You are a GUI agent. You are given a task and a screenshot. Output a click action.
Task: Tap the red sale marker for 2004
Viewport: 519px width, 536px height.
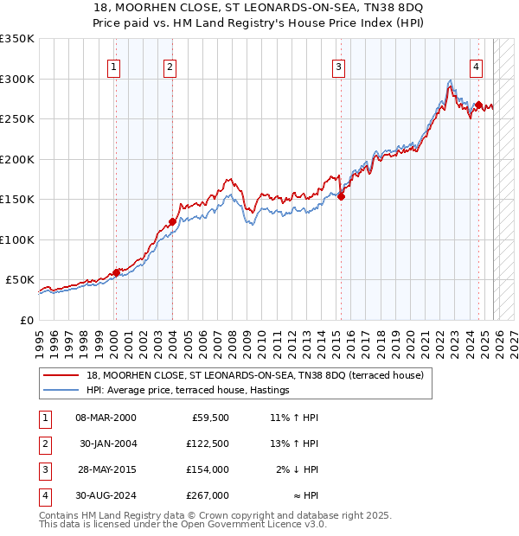point(172,221)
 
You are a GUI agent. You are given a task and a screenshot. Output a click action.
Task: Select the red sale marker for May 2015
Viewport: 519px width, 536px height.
point(341,196)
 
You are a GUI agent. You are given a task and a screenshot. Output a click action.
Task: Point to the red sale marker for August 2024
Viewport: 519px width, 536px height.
point(478,105)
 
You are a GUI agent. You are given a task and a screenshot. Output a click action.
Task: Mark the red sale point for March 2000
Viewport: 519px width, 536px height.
point(115,272)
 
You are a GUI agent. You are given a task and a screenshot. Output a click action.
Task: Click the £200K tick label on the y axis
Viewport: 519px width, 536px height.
point(16,159)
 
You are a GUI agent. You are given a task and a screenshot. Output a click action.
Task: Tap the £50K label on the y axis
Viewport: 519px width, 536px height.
point(19,280)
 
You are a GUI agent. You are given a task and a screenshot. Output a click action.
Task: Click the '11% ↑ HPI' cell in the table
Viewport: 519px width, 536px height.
point(294,417)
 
